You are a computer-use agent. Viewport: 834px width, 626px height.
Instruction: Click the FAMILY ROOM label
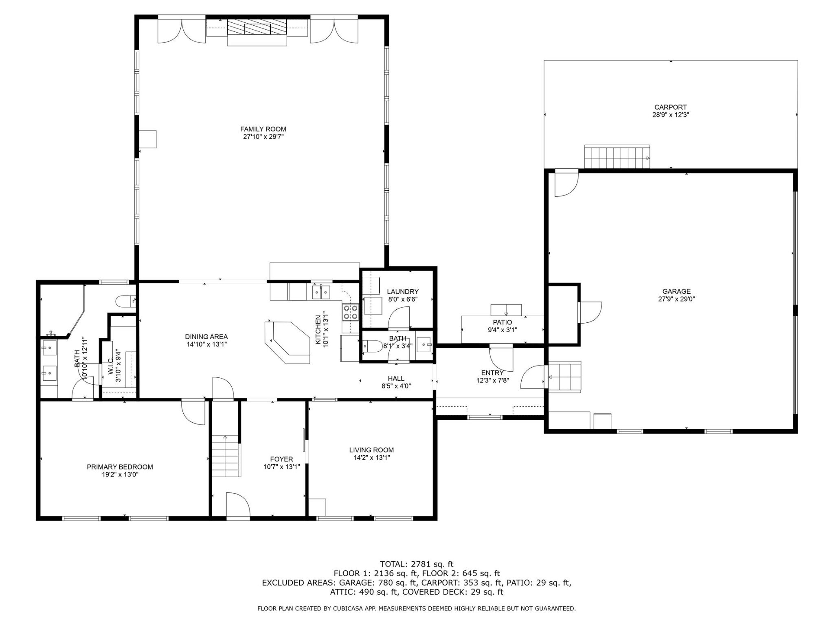coord(263,129)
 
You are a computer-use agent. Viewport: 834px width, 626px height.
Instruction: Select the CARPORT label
coord(671,107)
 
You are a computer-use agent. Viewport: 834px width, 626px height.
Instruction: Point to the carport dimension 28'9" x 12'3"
coord(671,115)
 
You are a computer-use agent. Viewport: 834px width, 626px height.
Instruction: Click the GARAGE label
coord(676,291)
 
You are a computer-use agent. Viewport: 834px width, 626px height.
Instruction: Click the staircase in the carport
coord(617,156)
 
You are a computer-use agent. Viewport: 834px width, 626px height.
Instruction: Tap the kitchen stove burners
coord(350,312)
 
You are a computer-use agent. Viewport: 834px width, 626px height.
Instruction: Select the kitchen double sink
coord(321,292)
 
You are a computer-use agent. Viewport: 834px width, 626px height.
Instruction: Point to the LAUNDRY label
coord(403,292)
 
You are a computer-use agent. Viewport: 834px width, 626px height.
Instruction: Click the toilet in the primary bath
coord(125,302)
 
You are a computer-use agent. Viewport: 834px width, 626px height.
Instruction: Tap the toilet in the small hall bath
coord(373,346)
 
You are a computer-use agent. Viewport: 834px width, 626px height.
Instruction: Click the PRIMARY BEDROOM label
coord(120,467)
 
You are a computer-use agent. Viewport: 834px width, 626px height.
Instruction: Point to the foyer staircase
coord(226,456)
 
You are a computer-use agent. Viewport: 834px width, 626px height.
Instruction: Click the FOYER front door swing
coord(238,505)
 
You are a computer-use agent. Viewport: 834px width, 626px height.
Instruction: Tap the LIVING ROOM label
coord(371,450)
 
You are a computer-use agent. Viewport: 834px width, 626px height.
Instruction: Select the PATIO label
coord(503,322)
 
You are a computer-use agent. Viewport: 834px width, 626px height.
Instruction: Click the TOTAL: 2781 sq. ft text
coord(417,564)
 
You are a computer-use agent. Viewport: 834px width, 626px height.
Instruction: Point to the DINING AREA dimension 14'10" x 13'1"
coord(206,344)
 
